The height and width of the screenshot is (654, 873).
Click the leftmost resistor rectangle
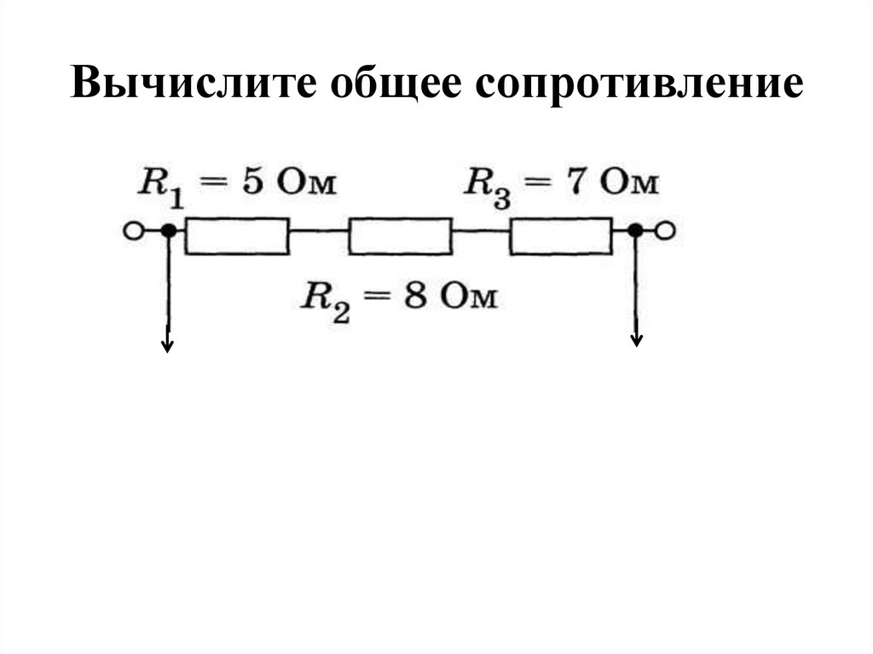tap(237, 235)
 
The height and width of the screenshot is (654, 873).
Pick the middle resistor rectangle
tap(400, 235)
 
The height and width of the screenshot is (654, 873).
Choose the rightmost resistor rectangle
tap(561, 235)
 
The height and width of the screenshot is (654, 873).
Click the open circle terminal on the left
tap(132, 230)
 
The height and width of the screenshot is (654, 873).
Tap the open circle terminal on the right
tap(667, 230)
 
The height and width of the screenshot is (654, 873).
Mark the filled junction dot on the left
tap(169, 230)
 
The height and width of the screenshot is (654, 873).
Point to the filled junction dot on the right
tap(635, 230)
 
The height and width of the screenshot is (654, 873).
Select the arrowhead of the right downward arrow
tap(636, 340)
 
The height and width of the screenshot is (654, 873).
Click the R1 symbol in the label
tap(160, 186)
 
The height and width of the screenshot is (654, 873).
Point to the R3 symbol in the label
tap(487, 186)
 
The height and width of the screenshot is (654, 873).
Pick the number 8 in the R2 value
tap(416, 298)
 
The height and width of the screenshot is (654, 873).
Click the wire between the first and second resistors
tap(318, 230)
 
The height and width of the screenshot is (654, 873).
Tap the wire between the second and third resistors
tap(481, 230)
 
